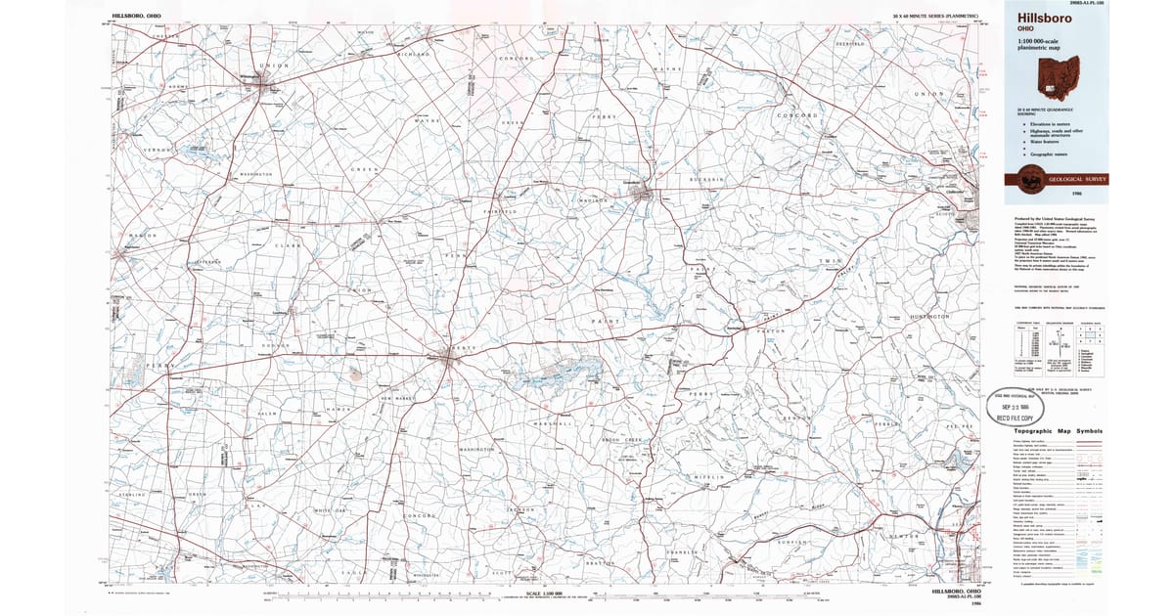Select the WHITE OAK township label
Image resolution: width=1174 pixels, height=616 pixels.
[x=330, y=510]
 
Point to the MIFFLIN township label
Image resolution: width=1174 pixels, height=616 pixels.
[x=709, y=476]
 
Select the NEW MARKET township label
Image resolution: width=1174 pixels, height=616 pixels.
[x=399, y=400]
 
